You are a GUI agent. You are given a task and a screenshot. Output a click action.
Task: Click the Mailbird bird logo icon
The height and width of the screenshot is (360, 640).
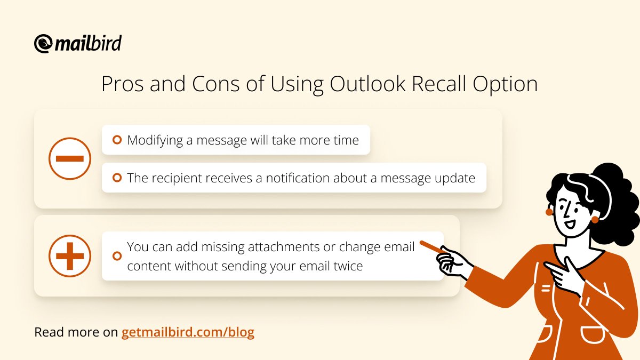point(43,44)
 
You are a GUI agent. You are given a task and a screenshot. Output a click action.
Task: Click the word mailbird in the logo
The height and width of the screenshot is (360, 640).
point(89,43)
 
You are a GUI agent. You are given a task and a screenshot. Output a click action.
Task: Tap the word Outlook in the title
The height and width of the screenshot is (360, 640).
point(362,85)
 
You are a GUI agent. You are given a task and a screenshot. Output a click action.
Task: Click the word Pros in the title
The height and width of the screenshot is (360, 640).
point(122,85)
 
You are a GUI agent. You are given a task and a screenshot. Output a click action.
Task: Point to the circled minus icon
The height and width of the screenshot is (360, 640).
point(70,158)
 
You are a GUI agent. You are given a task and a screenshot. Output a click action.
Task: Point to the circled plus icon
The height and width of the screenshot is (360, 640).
point(70,255)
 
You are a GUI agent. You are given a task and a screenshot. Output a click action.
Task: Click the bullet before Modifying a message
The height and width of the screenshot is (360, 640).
point(117,140)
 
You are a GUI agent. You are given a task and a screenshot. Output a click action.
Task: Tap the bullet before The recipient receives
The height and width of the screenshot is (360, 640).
point(117,178)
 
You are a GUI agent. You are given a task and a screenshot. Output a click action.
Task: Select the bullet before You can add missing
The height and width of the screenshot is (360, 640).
point(117,256)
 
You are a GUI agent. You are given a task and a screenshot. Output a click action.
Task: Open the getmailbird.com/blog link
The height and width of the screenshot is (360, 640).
point(188,332)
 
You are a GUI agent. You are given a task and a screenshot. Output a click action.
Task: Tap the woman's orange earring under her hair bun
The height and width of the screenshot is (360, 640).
point(595,219)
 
